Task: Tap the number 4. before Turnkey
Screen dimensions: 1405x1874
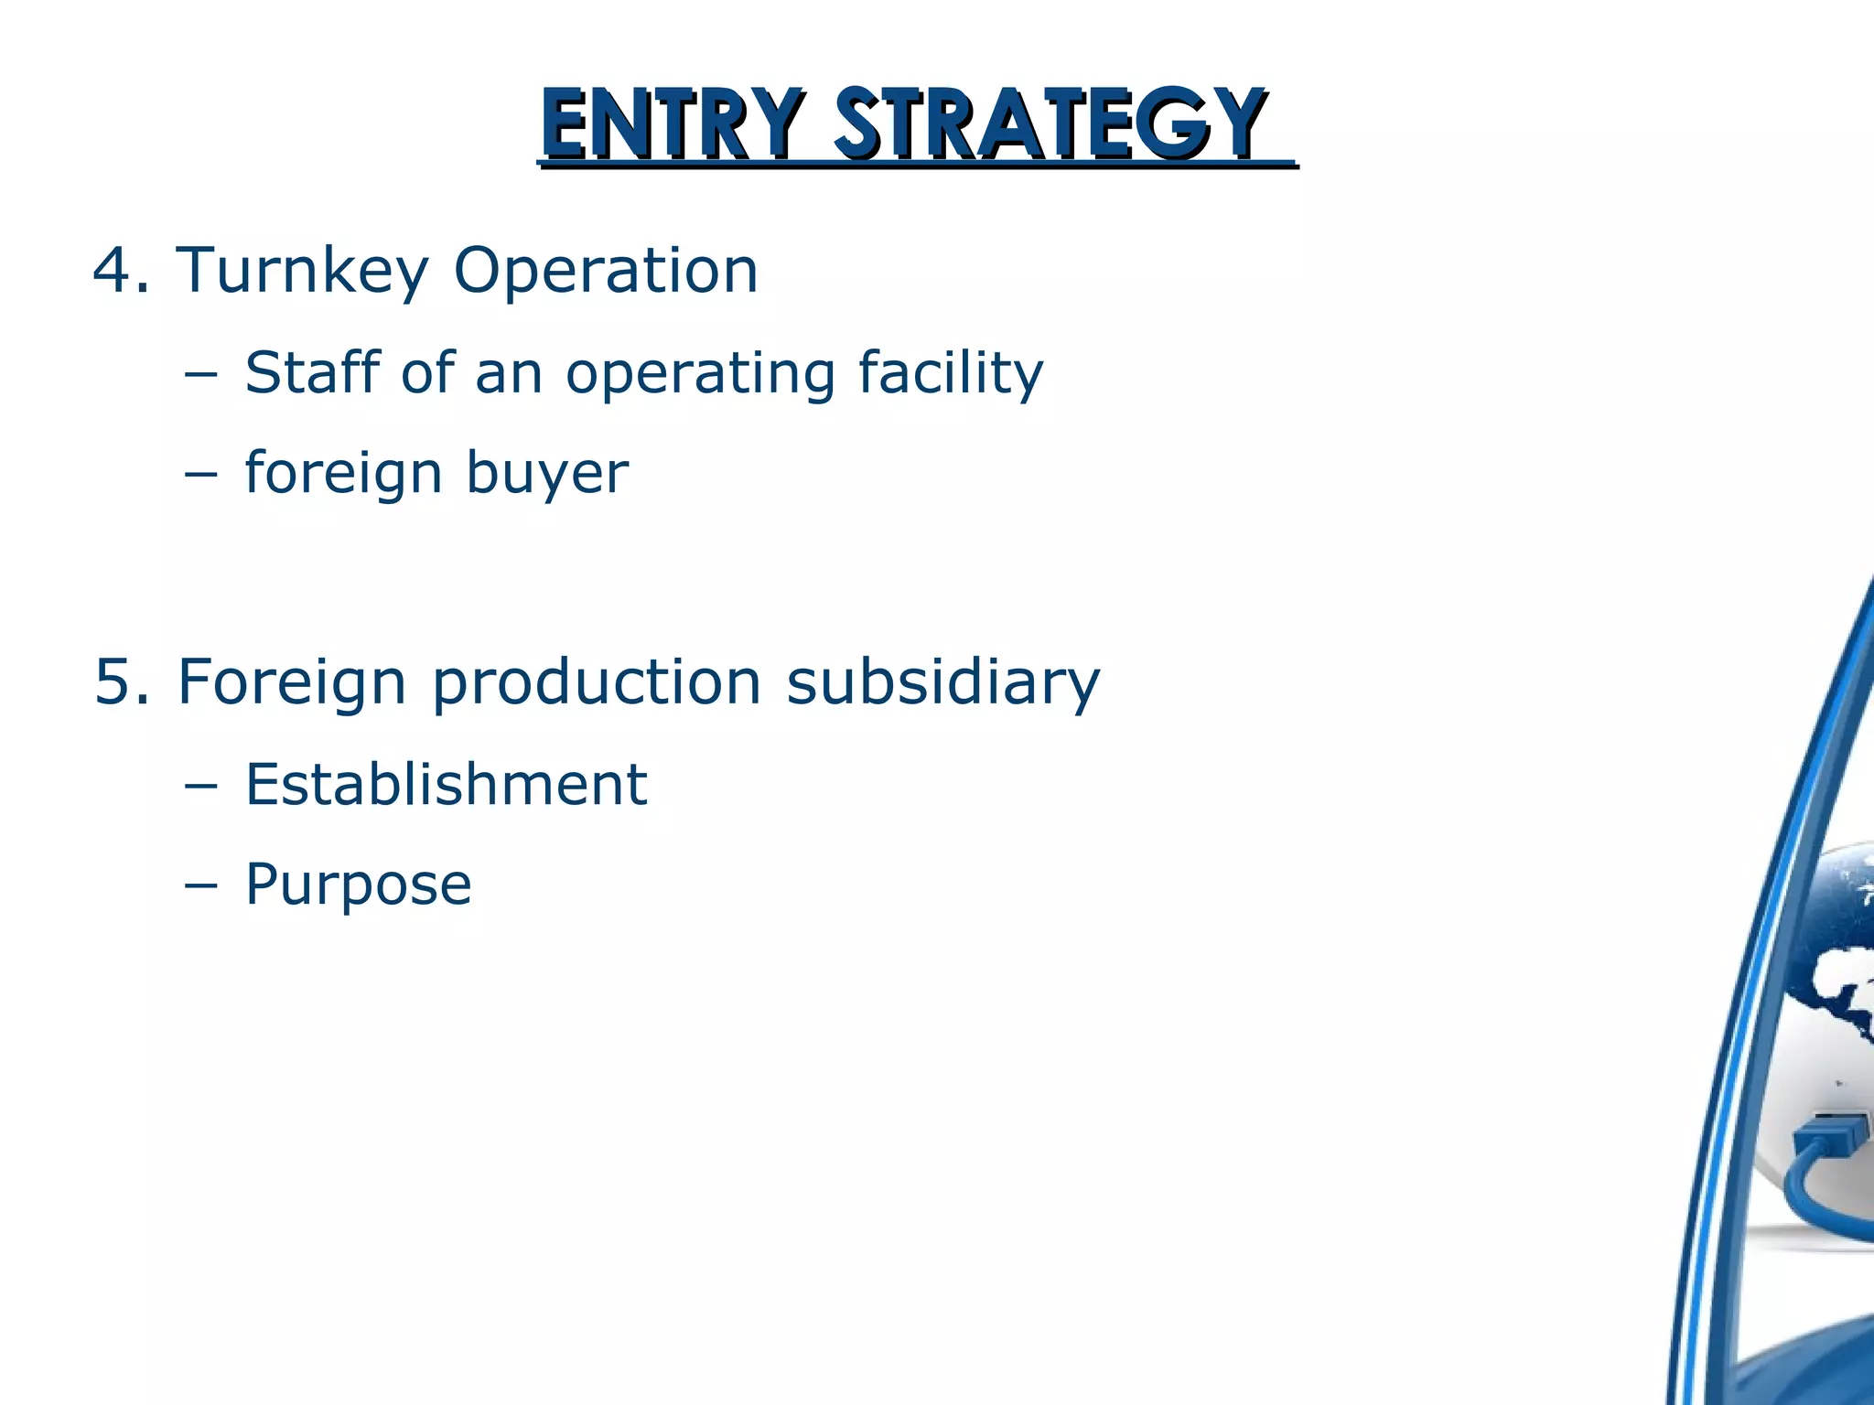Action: click(121, 271)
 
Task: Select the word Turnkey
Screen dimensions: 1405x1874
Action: click(302, 273)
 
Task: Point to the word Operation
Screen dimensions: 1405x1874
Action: click(606, 273)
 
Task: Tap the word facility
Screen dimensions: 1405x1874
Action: click(950, 375)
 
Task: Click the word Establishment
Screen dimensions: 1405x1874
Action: click(446, 785)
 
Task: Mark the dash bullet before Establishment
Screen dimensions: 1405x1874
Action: click(200, 786)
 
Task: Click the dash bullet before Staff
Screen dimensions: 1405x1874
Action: click(200, 374)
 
